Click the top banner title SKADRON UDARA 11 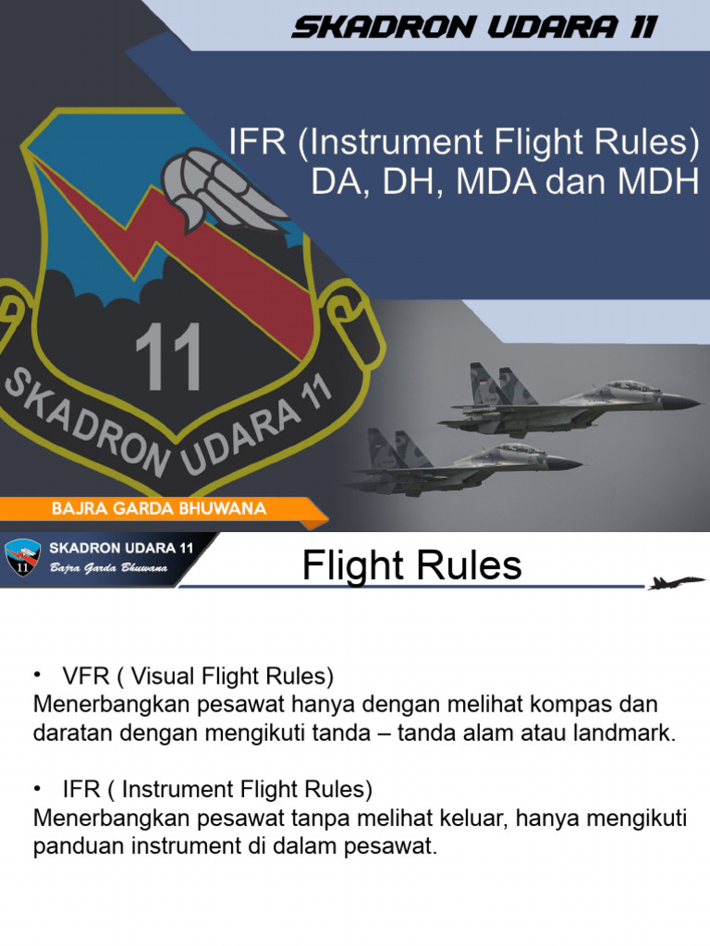point(473,28)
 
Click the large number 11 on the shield point(168,358)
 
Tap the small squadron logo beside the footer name point(22,560)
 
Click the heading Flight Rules point(411,565)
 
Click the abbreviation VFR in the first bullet point(82,676)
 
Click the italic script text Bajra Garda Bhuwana point(108,568)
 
